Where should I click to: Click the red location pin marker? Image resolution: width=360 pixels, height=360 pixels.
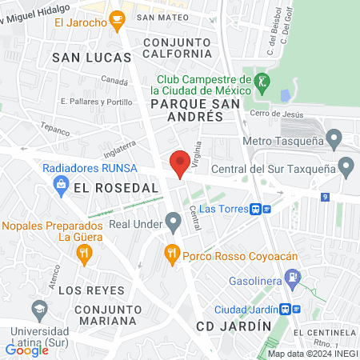180,164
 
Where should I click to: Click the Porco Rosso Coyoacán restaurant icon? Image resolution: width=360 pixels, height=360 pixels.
170,255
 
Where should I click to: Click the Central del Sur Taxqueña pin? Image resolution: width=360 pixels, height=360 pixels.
346,168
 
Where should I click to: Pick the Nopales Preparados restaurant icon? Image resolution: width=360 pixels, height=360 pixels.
85,255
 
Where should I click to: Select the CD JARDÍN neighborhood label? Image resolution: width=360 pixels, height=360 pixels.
227,326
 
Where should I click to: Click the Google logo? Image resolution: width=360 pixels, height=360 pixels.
27,350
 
